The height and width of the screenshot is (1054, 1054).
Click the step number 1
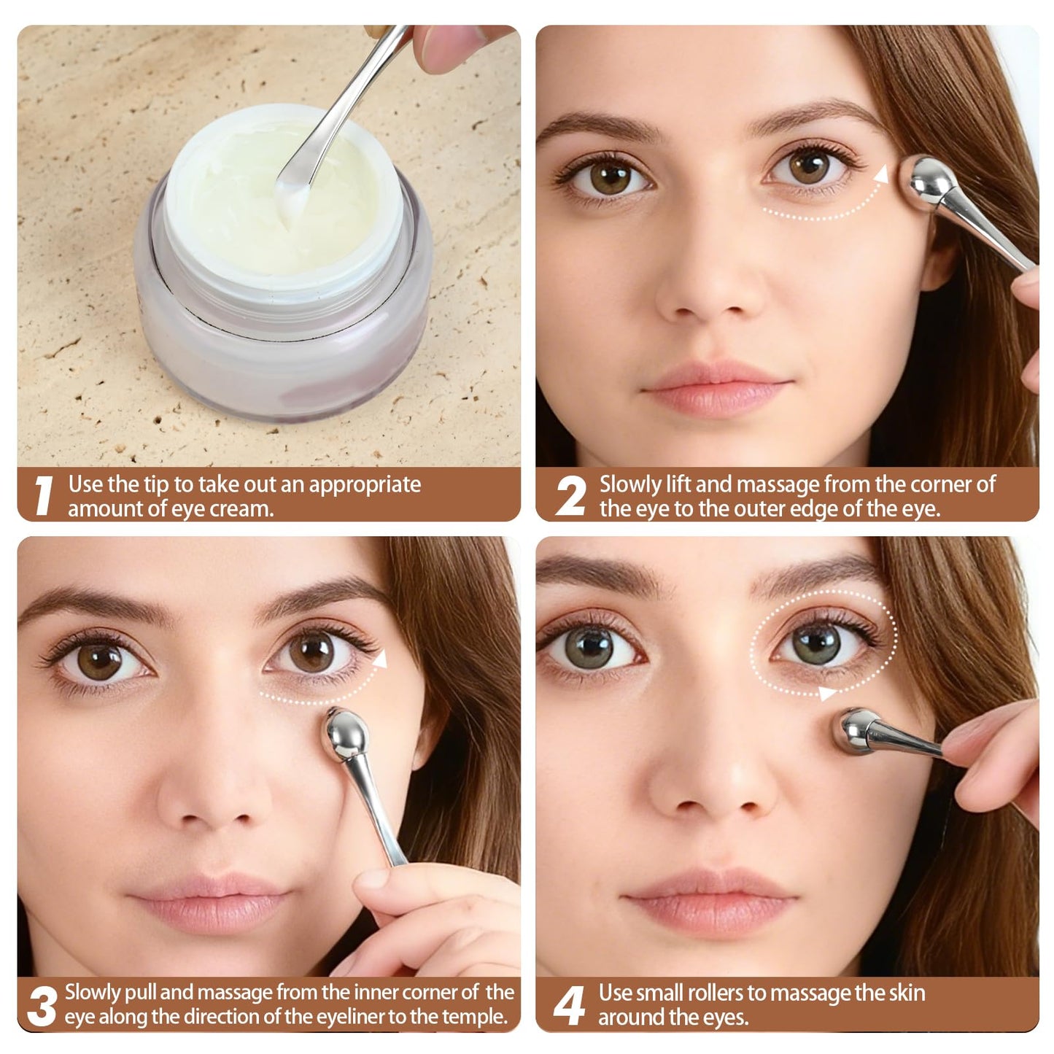[43, 495]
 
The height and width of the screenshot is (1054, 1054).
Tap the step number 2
[570, 495]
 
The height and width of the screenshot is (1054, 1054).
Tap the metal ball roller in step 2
[931, 183]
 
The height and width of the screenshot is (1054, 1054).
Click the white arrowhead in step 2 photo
[881, 174]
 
